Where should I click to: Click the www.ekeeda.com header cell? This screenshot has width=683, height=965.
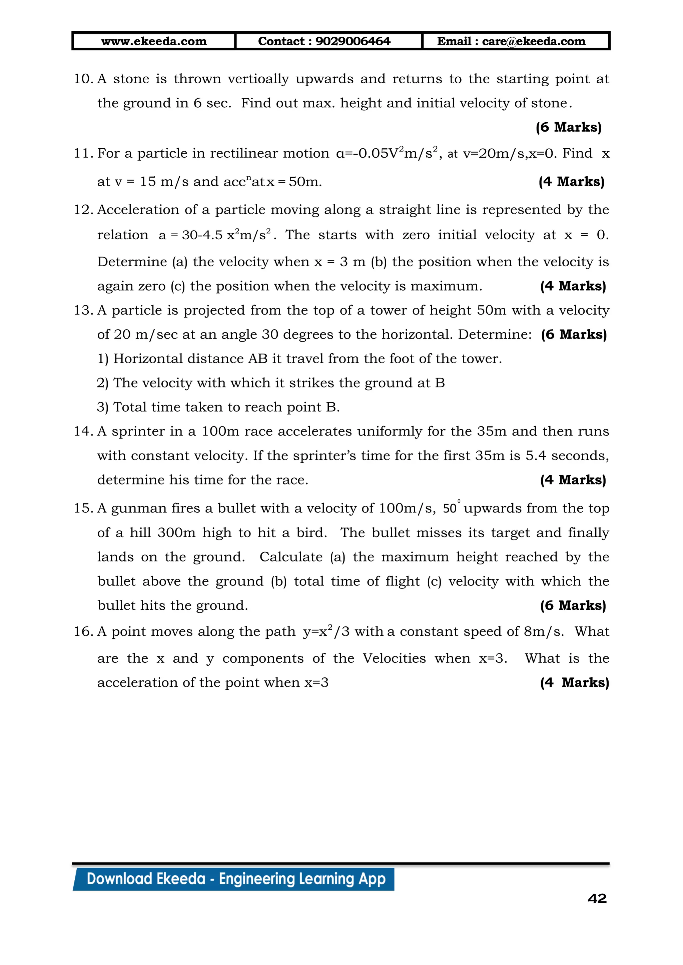click(x=154, y=41)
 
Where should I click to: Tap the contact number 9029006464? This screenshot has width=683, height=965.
click(x=353, y=41)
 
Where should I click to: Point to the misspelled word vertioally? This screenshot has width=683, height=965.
click(x=258, y=79)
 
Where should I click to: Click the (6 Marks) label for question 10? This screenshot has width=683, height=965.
click(x=568, y=127)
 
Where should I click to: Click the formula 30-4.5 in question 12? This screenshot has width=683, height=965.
click(x=202, y=235)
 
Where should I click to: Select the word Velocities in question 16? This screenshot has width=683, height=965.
click(x=394, y=658)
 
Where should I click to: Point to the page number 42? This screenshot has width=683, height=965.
click(x=597, y=899)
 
